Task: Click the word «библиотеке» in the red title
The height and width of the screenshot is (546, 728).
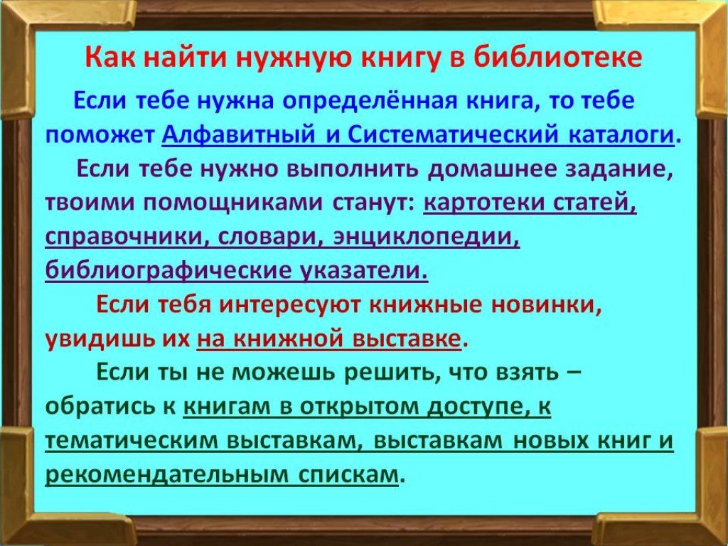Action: point(558,58)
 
